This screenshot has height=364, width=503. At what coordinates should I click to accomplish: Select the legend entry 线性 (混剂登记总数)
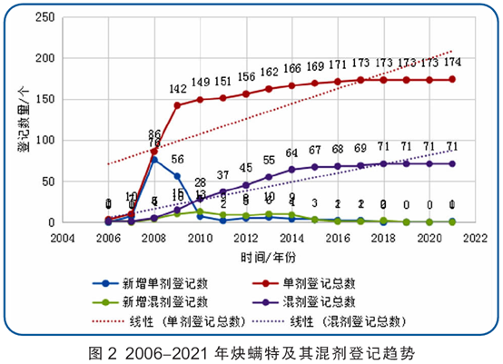point(350,320)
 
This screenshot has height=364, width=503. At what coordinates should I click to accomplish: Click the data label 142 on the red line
point(178,89)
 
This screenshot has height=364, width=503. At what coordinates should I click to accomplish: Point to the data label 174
point(452,63)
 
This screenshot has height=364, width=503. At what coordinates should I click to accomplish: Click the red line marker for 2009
point(177,105)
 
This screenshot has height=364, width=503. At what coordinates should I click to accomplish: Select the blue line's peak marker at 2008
point(154,160)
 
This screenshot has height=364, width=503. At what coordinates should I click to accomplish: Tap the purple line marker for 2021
point(452,164)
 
